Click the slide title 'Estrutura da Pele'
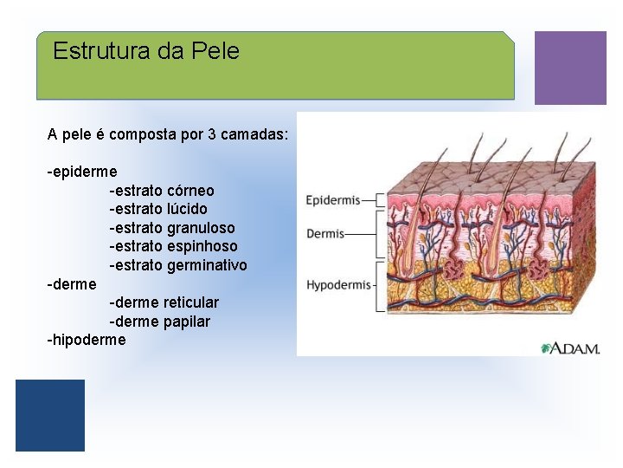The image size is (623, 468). pyautogui.click(x=145, y=51)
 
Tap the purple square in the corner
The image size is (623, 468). pyautogui.click(x=570, y=68)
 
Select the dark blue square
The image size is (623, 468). pyautogui.click(x=50, y=415)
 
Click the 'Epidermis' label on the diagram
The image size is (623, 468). pyautogui.click(x=333, y=201)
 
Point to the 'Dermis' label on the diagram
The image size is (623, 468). pyautogui.click(x=325, y=234)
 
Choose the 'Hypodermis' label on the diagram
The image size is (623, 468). pyautogui.click(x=338, y=284)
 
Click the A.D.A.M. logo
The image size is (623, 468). pyautogui.click(x=571, y=348)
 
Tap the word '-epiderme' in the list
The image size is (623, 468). pyautogui.click(x=82, y=172)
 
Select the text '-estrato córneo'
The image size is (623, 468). pyautogui.click(x=162, y=191)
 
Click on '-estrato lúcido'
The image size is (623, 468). pyautogui.click(x=158, y=209)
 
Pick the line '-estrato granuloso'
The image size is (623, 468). pyautogui.click(x=172, y=228)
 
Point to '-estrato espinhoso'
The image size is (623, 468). pyautogui.click(x=173, y=246)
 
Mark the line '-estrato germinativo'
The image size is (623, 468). pyautogui.click(x=178, y=265)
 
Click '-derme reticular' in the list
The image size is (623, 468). pyautogui.click(x=164, y=302)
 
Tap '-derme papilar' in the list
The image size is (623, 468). pyautogui.click(x=160, y=322)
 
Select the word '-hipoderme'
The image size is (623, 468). pyautogui.click(x=87, y=340)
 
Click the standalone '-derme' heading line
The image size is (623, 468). pyautogui.click(x=72, y=284)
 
